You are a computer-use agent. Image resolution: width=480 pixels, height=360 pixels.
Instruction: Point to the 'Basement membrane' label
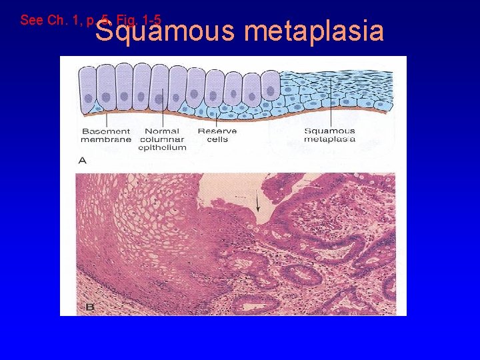coord(106,135)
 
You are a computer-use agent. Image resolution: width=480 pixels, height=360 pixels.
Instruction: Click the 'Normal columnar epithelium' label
coord(162,139)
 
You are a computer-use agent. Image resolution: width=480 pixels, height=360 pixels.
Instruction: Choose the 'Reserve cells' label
coord(217,135)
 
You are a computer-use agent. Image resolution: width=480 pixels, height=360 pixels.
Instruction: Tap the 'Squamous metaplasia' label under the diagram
coord(330,135)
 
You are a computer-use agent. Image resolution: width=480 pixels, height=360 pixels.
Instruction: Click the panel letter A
coord(82,161)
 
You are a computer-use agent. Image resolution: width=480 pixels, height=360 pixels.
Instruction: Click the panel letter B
coord(90,307)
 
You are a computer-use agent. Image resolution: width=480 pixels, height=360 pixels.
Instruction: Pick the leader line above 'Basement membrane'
coord(89,120)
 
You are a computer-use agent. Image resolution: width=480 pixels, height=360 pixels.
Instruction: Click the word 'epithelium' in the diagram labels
coord(163,148)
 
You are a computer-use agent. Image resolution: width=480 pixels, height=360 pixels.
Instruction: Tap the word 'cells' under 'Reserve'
coord(217,140)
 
